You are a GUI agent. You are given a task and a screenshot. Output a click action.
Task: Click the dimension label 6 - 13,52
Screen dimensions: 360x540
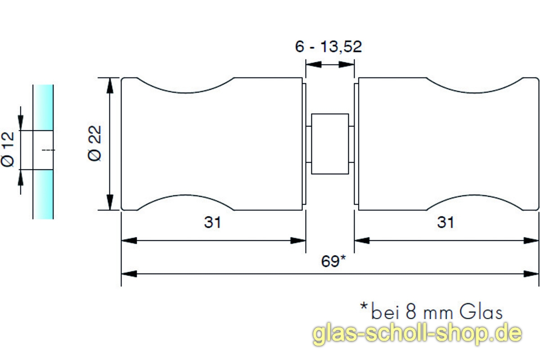click(328, 47)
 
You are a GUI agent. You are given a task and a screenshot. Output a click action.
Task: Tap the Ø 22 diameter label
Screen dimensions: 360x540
click(96, 143)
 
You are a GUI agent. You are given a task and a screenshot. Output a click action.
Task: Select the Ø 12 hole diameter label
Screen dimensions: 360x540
click(9, 149)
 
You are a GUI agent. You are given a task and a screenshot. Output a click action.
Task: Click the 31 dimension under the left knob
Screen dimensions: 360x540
click(213, 222)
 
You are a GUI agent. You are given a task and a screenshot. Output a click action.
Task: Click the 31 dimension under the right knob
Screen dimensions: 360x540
click(446, 222)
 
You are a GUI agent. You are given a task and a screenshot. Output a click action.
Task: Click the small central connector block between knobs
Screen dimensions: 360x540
click(330, 144)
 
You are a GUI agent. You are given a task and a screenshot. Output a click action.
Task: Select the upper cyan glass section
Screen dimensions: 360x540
click(43, 107)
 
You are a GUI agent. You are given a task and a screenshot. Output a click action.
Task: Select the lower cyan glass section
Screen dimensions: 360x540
click(43, 194)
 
